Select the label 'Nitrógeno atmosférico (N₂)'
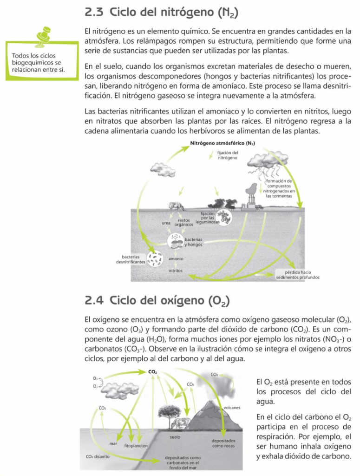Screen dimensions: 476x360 tap(223, 143)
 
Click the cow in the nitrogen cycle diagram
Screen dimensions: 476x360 tap(176, 205)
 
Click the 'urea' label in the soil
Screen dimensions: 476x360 tap(166, 223)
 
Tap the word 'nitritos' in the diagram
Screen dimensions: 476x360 tap(176, 270)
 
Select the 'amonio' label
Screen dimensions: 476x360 tap(176, 258)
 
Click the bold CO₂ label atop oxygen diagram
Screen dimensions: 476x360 tap(152, 371)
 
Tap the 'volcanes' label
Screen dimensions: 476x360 tap(232, 408)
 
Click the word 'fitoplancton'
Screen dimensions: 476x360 tap(136, 445)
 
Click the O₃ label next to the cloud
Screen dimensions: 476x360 tap(95, 378)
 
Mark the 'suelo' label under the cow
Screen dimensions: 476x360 tap(175, 437)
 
